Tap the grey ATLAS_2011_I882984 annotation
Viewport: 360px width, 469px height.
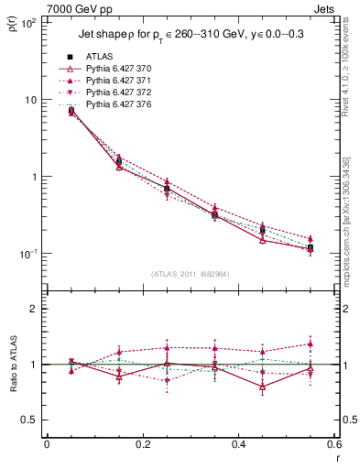(191, 274)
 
